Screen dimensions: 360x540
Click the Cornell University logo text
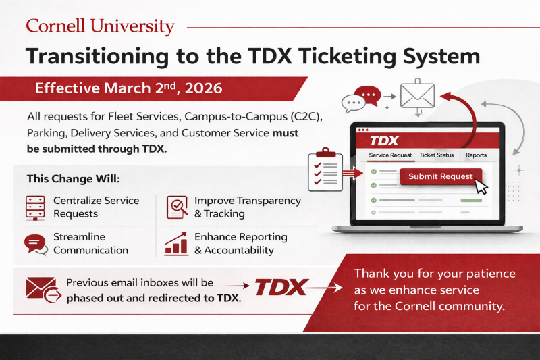(x=100, y=27)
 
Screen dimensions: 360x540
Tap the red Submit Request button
(x=441, y=176)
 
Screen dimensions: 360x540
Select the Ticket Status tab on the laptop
(x=436, y=155)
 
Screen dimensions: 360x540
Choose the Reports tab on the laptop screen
(x=476, y=155)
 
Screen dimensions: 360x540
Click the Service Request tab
(x=390, y=155)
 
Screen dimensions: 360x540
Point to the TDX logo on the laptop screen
(x=385, y=140)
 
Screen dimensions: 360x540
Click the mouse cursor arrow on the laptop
(x=481, y=186)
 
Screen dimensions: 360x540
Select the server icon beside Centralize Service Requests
(x=34, y=207)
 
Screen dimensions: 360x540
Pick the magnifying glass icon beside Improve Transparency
(x=177, y=207)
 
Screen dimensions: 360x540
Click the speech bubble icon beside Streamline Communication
(x=34, y=244)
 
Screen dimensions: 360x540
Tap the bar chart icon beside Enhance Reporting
(x=176, y=244)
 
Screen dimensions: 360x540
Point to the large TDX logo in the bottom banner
(x=281, y=286)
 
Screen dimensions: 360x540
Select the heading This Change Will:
(x=74, y=180)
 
